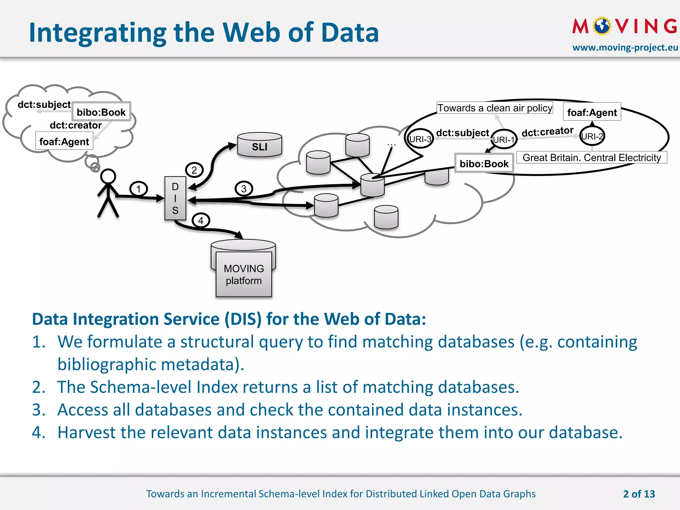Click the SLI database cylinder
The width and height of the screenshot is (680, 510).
(260, 145)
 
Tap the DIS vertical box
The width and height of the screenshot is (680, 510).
(175, 198)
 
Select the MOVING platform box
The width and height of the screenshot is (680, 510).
(244, 274)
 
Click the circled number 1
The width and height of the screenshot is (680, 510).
(138, 189)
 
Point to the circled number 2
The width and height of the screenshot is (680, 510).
(194, 170)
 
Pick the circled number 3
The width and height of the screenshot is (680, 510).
(244, 189)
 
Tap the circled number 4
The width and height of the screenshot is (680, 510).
(201, 220)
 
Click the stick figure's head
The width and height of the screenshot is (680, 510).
(108, 176)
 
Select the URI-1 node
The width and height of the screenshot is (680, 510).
(504, 139)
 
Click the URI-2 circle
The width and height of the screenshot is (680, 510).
(592, 136)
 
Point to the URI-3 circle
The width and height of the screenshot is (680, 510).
(420, 139)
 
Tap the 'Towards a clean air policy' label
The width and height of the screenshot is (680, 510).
(494, 108)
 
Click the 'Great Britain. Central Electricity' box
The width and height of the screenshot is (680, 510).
(592, 157)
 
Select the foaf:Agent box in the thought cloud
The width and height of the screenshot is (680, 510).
(64, 141)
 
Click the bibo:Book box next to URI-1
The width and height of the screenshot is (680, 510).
(484, 163)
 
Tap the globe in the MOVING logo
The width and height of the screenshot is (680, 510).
(602, 26)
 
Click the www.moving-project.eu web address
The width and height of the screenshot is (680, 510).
(625, 47)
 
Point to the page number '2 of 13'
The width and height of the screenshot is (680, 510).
(639, 494)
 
